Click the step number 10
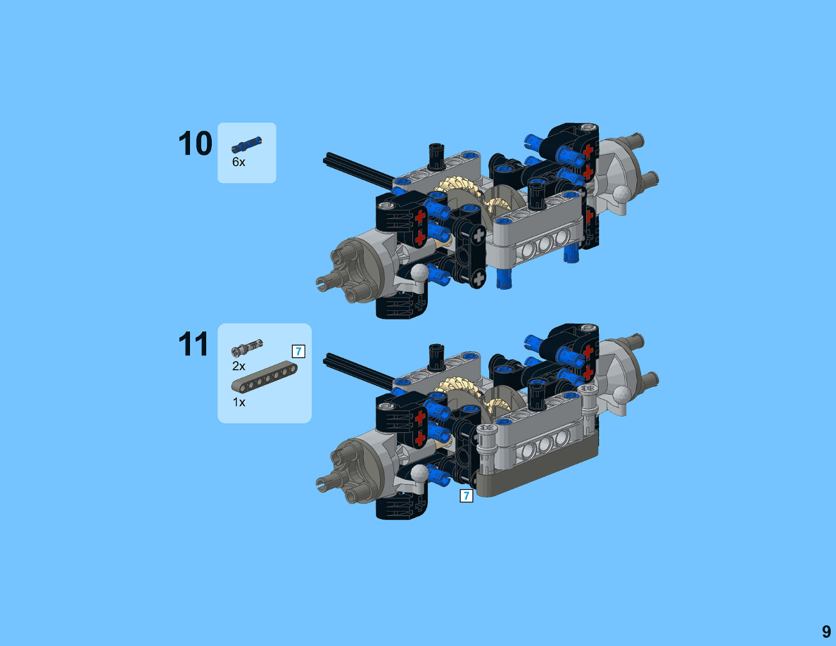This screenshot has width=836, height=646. (195, 144)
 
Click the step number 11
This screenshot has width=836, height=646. (193, 344)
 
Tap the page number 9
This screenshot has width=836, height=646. (826, 632)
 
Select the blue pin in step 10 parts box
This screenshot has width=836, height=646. (246, 144)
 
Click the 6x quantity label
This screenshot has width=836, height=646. (239, 162)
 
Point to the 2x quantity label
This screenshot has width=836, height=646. (239, 366)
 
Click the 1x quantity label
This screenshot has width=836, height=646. (239, 403)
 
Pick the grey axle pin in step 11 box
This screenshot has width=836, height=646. (247, 348)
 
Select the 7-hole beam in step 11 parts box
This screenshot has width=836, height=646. (265, 377)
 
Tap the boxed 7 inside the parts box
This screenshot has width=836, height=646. (298, 351)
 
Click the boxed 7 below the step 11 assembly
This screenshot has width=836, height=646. (467, 495)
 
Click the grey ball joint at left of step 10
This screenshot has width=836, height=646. (419, 274)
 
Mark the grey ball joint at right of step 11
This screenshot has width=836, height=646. (621, 395)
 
